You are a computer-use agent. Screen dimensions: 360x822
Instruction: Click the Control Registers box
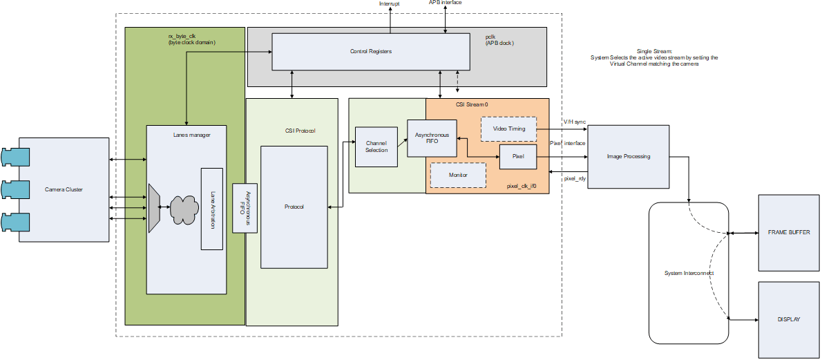coord(371,52)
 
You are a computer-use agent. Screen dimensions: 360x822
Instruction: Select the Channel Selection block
coord(376,146)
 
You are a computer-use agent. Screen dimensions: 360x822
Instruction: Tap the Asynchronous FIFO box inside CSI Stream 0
coord(432,138)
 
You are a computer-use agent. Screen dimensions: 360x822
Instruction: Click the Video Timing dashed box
coord(508,129)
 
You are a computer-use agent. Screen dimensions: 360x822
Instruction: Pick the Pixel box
coord(518,157)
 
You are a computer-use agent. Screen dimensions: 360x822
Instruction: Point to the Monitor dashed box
coord(458,175)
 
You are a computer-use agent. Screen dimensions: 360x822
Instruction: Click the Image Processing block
coord(628,156)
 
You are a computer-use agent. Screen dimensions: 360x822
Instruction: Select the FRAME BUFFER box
coord(789,233)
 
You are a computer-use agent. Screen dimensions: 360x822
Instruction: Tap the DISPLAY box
coord(789,320)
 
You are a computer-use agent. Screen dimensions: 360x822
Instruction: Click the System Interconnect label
coord(689,274)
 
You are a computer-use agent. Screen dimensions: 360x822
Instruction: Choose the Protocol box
coord(294,207)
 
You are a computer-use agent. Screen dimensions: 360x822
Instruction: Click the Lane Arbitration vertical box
coord(211,209)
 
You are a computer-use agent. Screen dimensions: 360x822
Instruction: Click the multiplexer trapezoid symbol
coord(154,207)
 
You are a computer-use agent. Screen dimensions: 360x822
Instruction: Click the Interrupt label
coord(390,4)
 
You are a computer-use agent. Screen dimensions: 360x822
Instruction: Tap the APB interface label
coord(445,3)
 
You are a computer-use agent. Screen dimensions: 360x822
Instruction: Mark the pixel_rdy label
coord(575,179)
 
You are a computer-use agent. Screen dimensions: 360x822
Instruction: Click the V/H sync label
coord(574,122)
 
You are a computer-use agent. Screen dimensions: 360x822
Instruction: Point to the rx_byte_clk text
coord(183,36)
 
